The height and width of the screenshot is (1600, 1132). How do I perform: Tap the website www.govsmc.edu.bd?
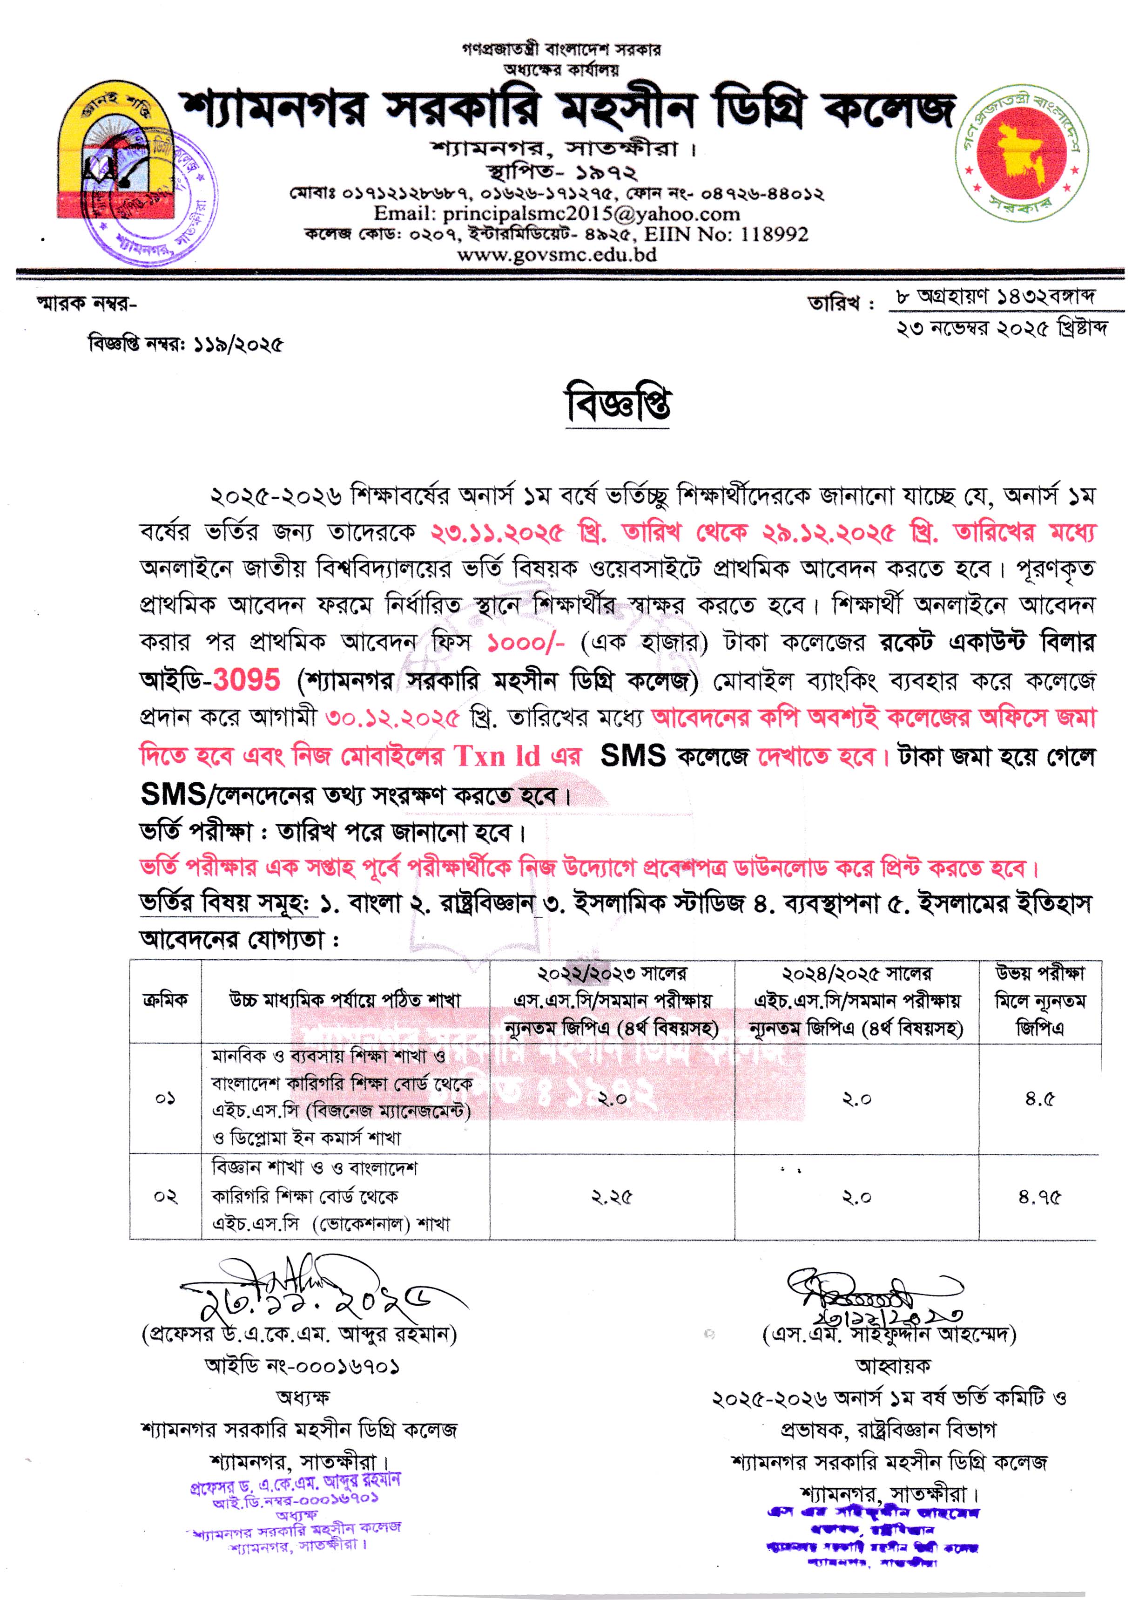(556, 254)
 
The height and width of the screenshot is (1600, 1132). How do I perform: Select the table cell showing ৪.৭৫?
(1039, 1197)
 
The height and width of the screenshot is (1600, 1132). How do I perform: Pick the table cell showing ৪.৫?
(1039, 1099)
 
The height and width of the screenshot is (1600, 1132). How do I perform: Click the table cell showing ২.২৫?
(611, 1197)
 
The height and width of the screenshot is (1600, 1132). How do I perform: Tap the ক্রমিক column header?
(165, 1000)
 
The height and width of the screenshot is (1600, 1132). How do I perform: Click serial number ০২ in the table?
(165, 1197)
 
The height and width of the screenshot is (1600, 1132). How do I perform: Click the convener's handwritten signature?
(871, 1295)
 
